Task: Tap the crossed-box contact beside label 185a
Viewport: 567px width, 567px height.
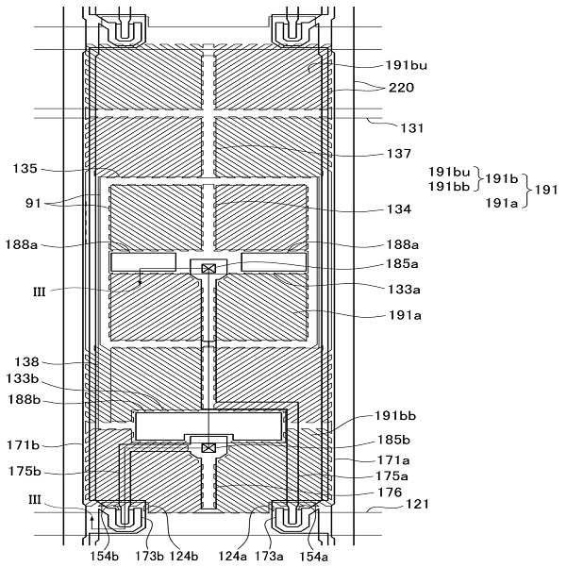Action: [x=209, y=269]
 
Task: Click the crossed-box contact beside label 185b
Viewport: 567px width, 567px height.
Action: [x=209, y=447]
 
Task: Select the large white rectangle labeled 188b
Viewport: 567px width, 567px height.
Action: [x=209, y=425]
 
